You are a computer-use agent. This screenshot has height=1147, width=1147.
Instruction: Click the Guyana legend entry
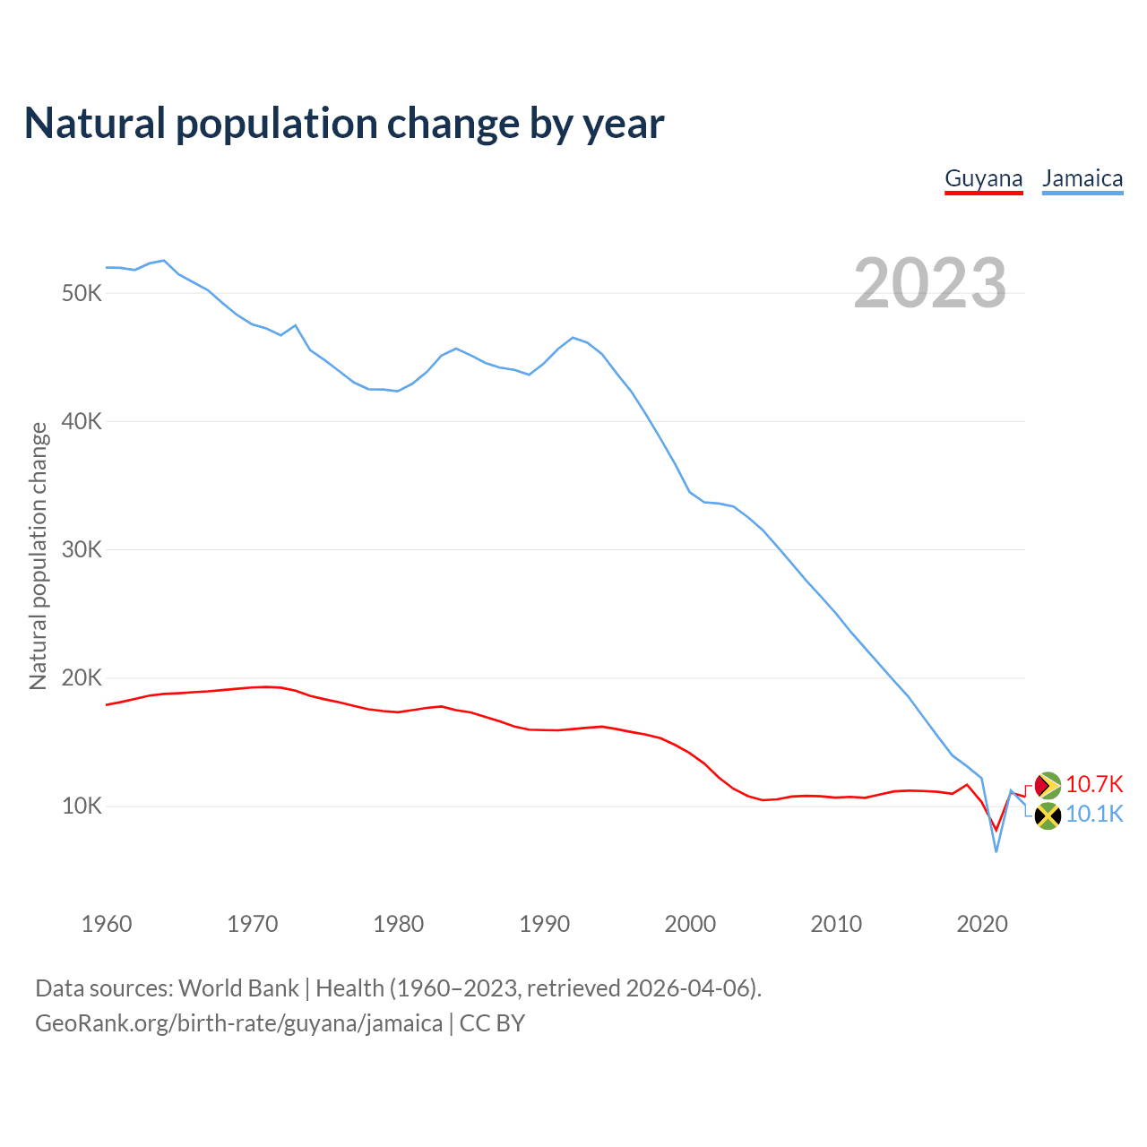[983, 178]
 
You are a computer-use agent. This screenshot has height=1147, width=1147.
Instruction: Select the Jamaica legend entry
[1082, 178]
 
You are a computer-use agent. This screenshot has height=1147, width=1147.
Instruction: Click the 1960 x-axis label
[107, 924]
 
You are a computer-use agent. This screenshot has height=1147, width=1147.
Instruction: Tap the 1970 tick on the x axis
[253, 924]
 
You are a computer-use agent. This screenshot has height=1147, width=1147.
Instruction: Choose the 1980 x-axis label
[399, 924]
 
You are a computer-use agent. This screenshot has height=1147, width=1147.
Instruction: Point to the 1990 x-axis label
[545, 924]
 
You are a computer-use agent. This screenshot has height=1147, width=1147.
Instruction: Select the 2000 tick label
[691, 924]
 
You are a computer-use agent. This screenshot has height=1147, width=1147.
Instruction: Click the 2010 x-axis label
[837, 924]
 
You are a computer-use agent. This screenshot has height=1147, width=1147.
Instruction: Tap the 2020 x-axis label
[983, 924]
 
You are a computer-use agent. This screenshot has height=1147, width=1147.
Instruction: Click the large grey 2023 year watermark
[930, 283]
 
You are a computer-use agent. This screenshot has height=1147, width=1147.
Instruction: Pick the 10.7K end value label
[1094, 785]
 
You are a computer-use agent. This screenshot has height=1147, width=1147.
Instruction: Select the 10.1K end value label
[1094, 815]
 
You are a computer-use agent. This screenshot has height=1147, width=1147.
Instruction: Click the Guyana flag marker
[1048, 786]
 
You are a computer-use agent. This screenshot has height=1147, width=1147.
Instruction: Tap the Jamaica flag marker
[1048, 815]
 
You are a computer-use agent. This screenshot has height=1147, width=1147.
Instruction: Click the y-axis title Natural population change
[39, 556]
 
